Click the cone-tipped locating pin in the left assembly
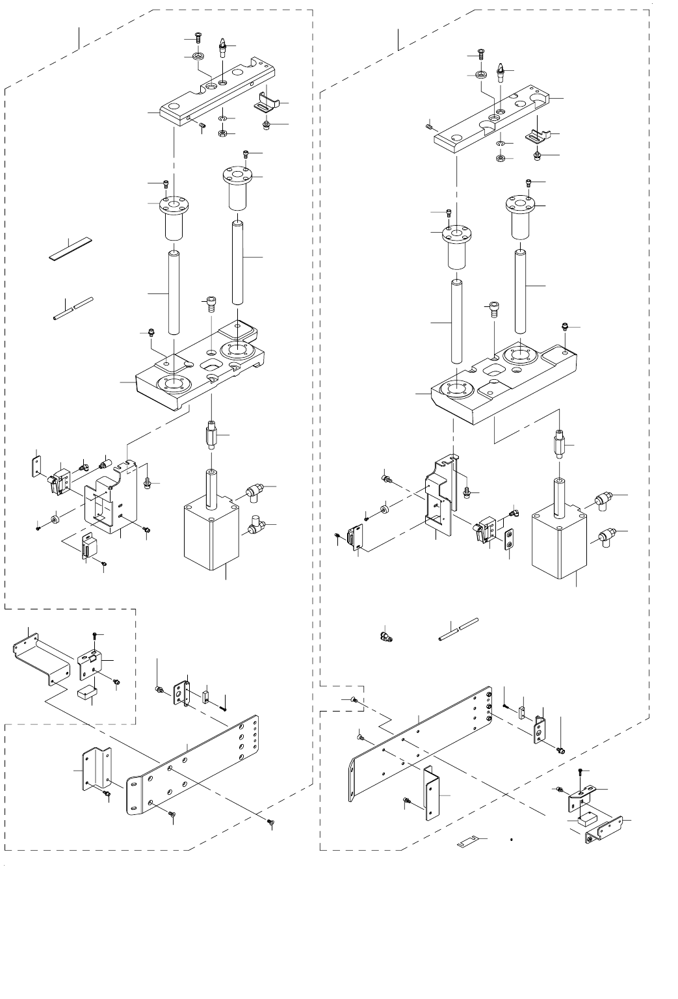223,47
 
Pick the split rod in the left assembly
73,308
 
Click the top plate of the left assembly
215,98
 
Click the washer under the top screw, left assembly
196,57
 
